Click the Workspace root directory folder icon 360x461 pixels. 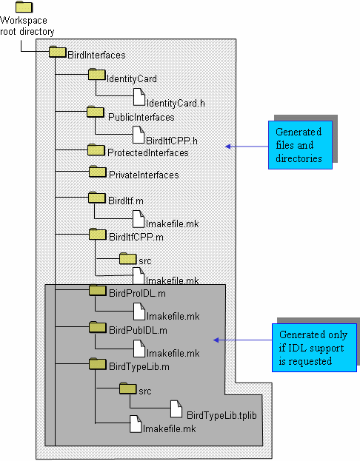pyautogui.click(x=24, y=7)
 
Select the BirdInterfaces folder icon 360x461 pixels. pyautogui.click(x=57, y=52)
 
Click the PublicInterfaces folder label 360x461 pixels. pyautogui.click(x=141, y=118)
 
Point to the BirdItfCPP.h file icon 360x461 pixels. pyautogui.click(x=139, y=135)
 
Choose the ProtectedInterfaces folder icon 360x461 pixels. pyautogui.click(x=96, y=150)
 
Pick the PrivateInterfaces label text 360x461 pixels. pyautogui.click(x=144, y=175)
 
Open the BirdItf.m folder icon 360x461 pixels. pyautogui.click(x=97, y=198)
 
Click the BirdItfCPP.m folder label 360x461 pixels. pyautogui.click(x=136, y=237)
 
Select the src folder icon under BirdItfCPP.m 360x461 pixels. pyautogui.click(x=127, y=258)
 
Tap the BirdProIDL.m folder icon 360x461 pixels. pyautogui.click(x=98, y=290)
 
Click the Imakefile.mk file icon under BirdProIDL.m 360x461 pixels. pyautogui.click(x=139, y=312)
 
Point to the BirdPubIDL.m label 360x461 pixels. pyautogui.click(x=138, y=331)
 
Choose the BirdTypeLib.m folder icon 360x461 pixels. pyautogui.click(x=98, y=364)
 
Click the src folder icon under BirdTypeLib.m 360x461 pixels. pyautogui.click(x=127, y=388)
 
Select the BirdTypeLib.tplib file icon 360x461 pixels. pyautogui.click(x=176, y=408)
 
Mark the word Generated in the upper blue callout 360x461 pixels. pyautogui.click(x=299, y=132)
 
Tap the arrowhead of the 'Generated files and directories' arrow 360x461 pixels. pyautogui.click(x=228, y=147)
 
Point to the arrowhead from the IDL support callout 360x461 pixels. pyautogui.click(x=216, y=340)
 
